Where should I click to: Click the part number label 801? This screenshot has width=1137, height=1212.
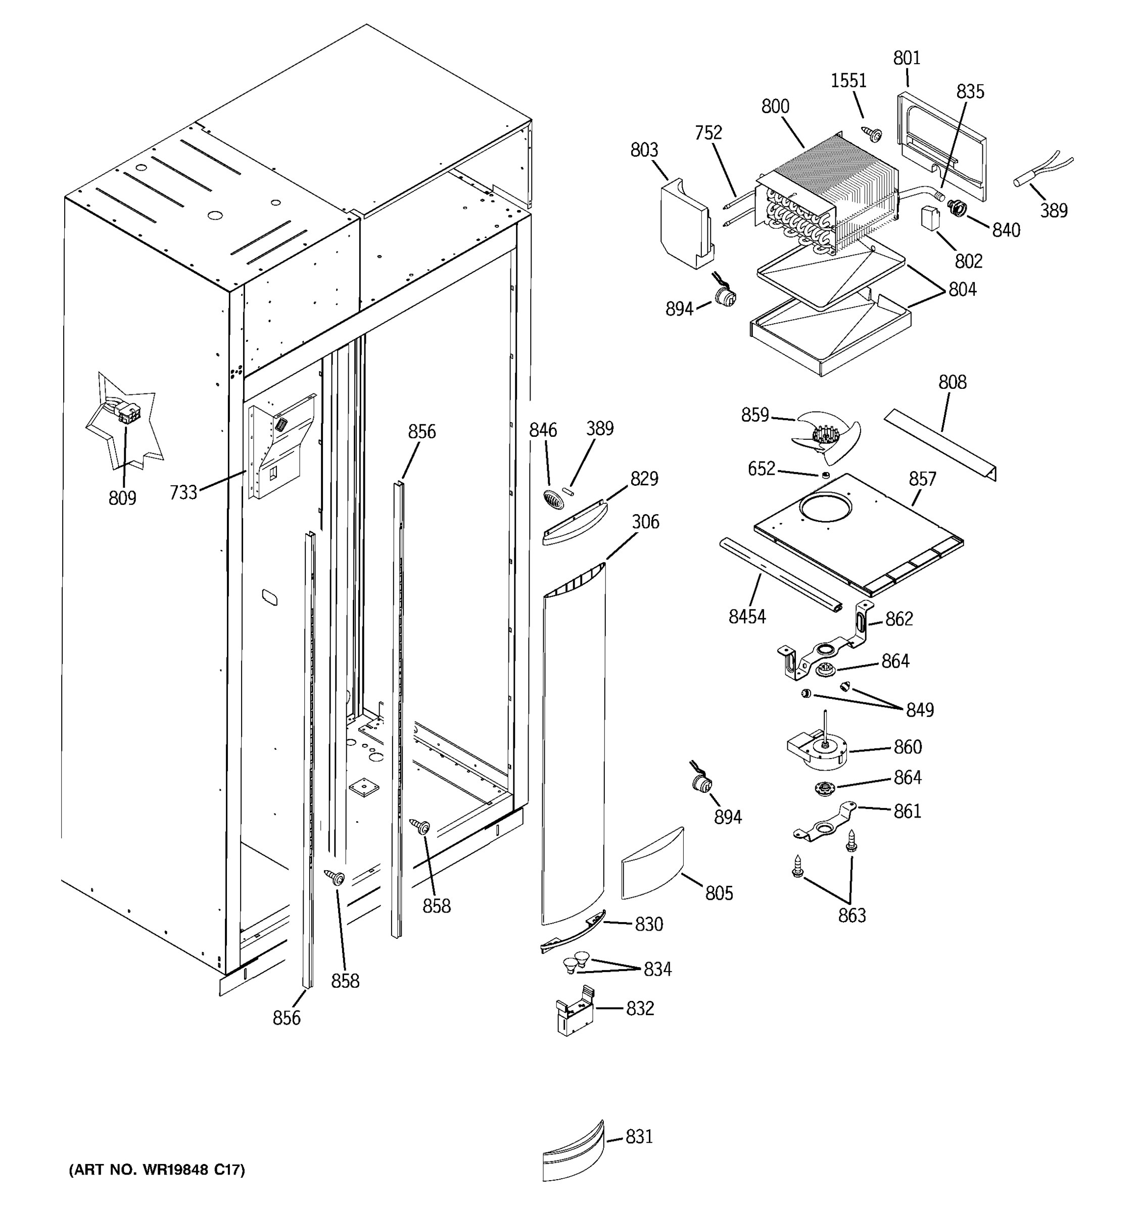[907, 59]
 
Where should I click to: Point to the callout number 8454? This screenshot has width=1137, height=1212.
[747, 617]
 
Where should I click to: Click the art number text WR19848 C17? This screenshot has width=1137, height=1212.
[157, 1169]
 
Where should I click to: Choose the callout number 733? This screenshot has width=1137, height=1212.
[183, 492]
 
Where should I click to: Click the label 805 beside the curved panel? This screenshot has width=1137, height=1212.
[719, 893]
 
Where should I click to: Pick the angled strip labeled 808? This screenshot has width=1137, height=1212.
[939, 444]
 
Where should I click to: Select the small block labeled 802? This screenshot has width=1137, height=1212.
[930, 218]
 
